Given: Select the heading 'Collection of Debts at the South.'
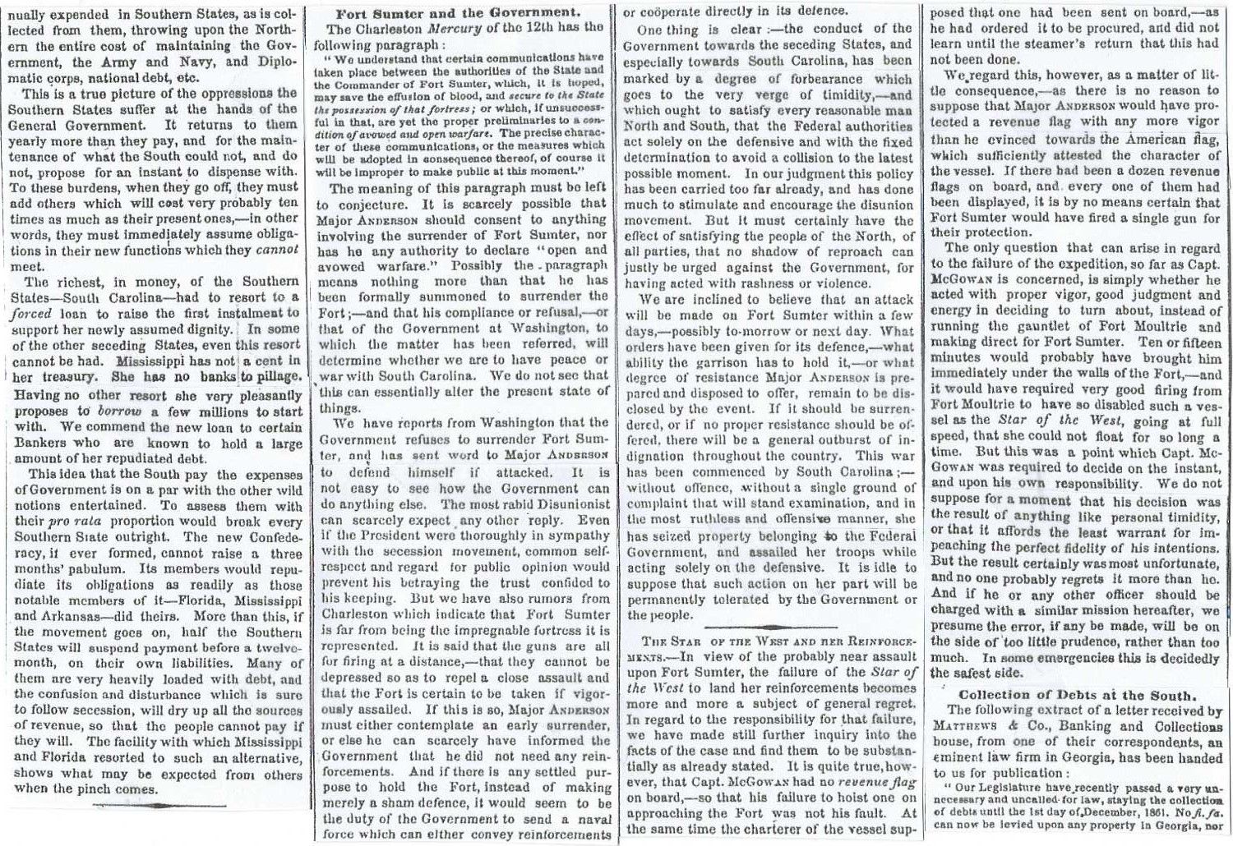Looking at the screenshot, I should pyautogui.click(x=1077, y=694).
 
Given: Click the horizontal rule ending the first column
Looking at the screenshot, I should pyautogui.click(x=156, y=805).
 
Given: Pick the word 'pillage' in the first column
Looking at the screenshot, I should pyautogui.click(x=275, y=376).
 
